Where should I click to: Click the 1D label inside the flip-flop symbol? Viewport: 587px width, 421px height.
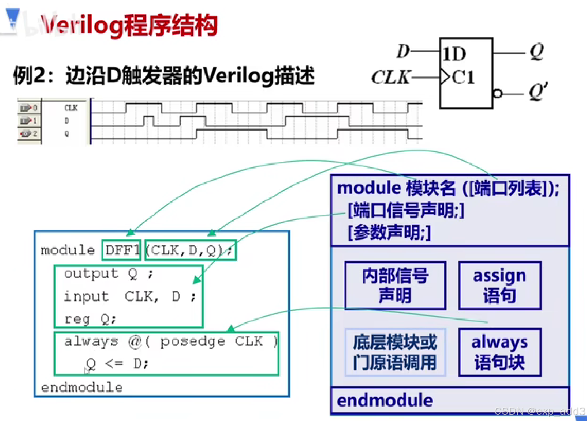454,54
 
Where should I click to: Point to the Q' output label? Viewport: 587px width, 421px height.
538,91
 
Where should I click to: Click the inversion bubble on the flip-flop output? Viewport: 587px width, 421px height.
498,93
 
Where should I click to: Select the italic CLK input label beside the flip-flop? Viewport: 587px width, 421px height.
390,77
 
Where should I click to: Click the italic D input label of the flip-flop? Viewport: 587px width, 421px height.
403,51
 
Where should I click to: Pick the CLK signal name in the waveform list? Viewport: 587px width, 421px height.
71,108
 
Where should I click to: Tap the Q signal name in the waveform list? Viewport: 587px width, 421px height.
66,134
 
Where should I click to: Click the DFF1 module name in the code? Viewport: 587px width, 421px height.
122,250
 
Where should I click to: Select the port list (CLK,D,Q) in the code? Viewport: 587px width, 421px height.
190,250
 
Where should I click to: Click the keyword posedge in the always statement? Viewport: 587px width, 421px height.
192,342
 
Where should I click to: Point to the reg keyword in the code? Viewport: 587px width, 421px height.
77,319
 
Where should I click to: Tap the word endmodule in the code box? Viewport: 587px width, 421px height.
82,387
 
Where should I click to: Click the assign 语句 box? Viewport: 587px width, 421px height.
500,286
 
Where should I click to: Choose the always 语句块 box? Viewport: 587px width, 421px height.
500,352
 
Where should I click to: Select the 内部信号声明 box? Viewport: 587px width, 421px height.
395,286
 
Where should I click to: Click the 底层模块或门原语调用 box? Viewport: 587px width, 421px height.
395,352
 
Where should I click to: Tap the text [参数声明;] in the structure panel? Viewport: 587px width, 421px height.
389,232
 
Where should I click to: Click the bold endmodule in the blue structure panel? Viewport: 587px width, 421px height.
385,400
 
